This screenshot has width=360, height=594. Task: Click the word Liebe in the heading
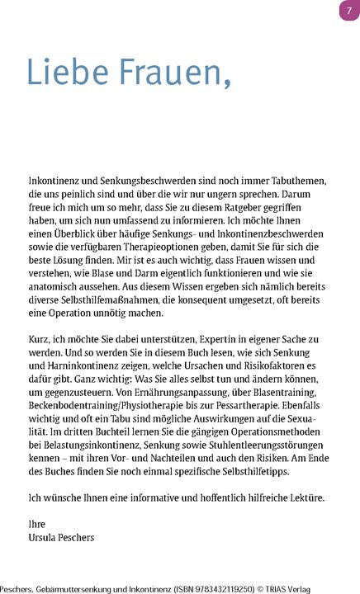click(x=69, y=72)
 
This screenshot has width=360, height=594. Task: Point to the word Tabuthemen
click(x=299, y=181)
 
